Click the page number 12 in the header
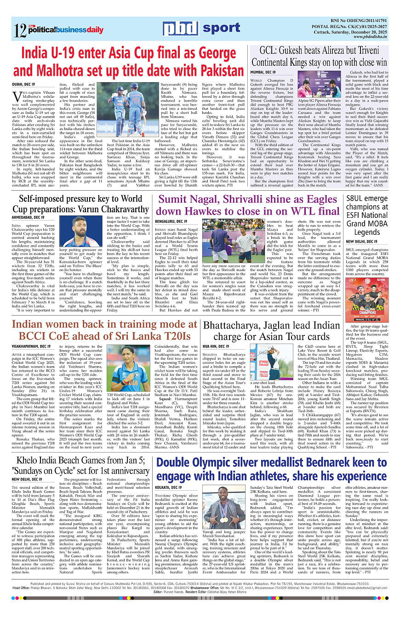tap(20, 30)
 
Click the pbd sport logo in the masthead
tap(201, 28)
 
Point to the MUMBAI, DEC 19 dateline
tap(263, 73)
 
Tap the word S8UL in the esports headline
tap(358, 199)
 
